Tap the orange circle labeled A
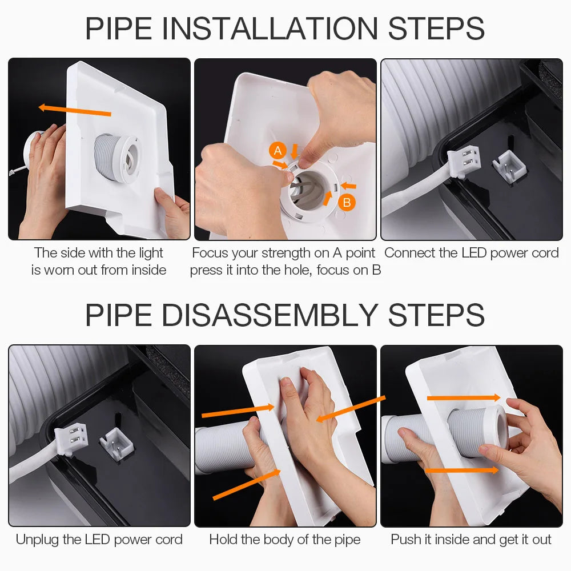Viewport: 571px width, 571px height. coord(278,151)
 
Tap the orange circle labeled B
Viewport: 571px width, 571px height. coord(346,202)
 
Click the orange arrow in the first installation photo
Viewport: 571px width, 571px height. coord(74,110)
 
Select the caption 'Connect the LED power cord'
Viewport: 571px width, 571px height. coord(471,253)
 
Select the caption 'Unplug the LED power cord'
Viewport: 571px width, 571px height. coord(99,540)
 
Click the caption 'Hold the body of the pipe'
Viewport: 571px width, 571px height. coord(285,540)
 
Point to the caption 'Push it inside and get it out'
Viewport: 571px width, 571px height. coord(471,540)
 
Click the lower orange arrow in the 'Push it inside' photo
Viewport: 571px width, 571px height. coord(462,471)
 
